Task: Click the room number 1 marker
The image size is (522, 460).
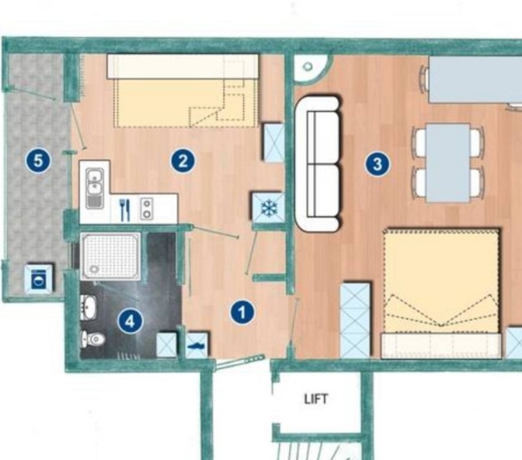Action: click(242, 313)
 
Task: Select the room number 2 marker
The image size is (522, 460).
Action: click(183, 161)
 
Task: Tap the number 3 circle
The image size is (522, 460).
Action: click(377, 164)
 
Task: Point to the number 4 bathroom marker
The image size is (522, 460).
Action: click(130, 321)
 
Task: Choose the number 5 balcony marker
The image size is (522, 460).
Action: click(39, 161)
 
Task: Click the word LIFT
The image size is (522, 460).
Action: click(316, 399)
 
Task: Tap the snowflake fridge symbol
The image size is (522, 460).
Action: click(268, 208)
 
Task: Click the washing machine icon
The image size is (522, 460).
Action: click(40, 279)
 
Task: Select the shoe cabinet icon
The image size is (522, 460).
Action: click(197, 346)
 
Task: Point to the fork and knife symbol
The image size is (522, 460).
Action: click(125, 210)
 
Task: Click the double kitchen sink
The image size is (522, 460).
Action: click(95, 188)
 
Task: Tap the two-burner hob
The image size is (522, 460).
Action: click(147, 208)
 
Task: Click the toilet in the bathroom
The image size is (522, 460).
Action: click(93, 339)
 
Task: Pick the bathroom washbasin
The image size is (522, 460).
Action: click(89, 307)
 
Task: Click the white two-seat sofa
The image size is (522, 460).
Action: click(318, 164)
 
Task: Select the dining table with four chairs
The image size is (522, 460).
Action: click(448, 162)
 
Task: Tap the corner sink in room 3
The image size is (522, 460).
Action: click(311, 68)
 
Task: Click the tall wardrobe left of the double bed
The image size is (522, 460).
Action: click(356, 320)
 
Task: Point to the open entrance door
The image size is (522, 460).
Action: click(241, 362)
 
